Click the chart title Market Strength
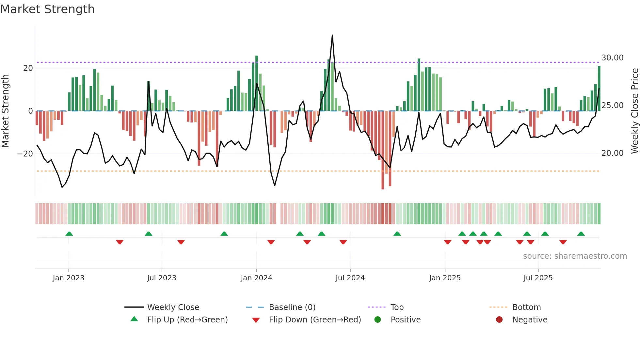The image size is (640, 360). pyautogui.click(x=47, y=9)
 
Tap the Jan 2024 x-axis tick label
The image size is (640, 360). pyautogui.click(x=256, y=278)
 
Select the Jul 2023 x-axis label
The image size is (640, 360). pyautogui.click(x=162, y=278)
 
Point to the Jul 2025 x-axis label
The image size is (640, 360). pyautogui.click(x=538, y=278)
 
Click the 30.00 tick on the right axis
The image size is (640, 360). pyautogui.click(x=612, y=58)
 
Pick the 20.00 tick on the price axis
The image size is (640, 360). pyautogui.click(x=612, y=153)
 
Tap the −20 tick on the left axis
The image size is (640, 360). pyautogui.click(x=25, y=154)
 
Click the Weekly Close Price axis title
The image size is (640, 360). pyautogui.click(x=634, y=111)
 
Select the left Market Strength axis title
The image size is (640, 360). pyautogui.click(x=6, y=111)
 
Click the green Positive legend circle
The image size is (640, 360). pyautogui.click(x=378, y=320)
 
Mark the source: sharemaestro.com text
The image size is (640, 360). pyautogui.click(x=575, y=256)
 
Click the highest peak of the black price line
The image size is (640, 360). pyautogui.click(x=332, y=35)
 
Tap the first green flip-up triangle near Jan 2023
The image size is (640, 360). pyautogui.click(x=69, y=234)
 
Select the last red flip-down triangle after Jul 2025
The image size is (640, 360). pyautogui.click(x=563, y=242)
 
